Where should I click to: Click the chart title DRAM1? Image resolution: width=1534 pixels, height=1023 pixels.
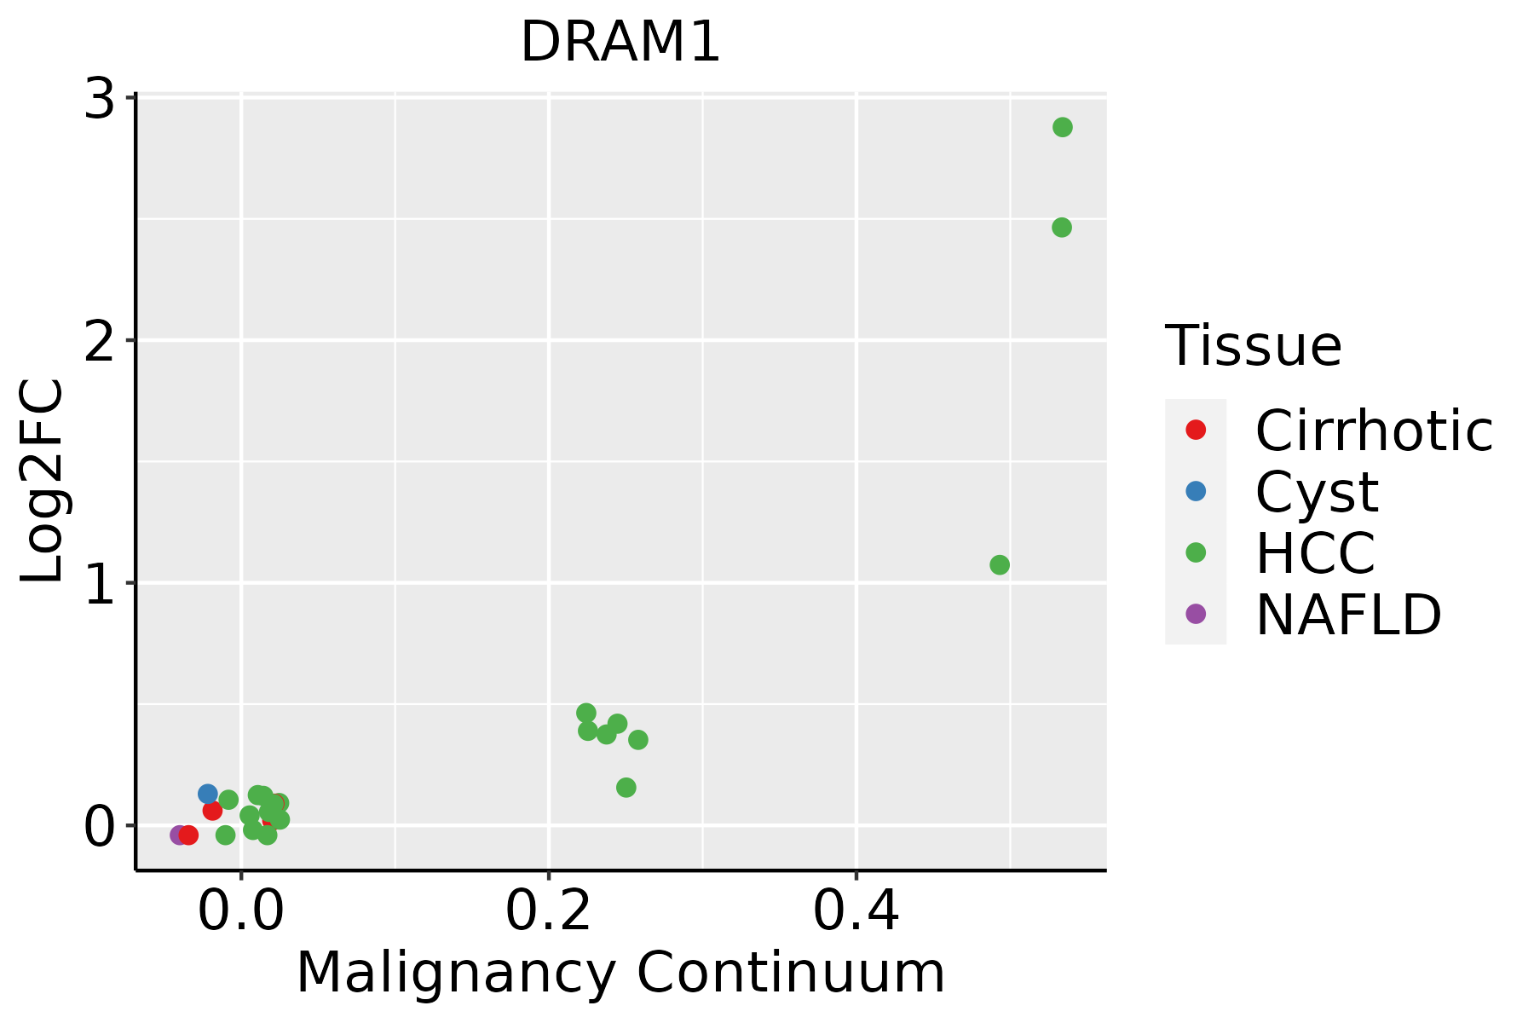pyautogui.click(x=620, y=43)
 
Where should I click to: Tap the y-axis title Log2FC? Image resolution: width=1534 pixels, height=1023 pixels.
pyautogui.click(x=43, y=482)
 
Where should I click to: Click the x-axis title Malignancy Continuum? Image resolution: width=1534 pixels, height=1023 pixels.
pyautogui.click(x=620, y=973)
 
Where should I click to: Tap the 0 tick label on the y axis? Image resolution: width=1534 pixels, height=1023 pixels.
pyautogui.click(x=101, y=826)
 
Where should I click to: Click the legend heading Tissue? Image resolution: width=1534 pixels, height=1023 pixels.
pyautogui.click(x=1253, y=346)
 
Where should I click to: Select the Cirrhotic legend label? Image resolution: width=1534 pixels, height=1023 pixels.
pyautogui.click(x=1374, y=431)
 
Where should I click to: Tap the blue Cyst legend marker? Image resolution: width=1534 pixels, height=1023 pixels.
pyautogui.click(x=1196, y=491)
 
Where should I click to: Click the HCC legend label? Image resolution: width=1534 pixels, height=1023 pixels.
pyautogui.click(x=1315, y=552)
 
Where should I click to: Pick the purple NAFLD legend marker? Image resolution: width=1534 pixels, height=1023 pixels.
pyautogui.click(x=1196, y=613)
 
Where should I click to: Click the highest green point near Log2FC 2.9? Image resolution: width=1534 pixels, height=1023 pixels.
pyautogui.click(x=1062, y=127)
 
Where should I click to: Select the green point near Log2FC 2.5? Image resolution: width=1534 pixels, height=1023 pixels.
pyautogui.click(x=1061, y=228)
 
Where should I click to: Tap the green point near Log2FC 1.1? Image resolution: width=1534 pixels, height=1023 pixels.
pyautogui.click(x=1000, y=564)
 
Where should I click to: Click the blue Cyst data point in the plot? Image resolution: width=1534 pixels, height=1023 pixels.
pyautogui.click(x=208, y=794)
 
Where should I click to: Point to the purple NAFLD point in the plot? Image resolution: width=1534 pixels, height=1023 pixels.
pyautogui.click(x=178, y=835)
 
